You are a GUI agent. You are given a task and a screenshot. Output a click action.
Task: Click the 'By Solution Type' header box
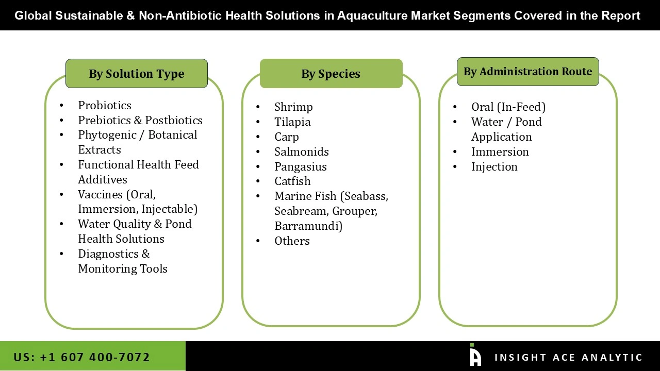coord(136,74)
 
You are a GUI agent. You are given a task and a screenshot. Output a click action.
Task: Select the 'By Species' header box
coord(331,74)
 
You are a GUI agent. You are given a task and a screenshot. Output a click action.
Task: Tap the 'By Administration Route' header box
coord(527,72)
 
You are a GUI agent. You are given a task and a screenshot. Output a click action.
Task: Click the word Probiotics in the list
coord(105,105)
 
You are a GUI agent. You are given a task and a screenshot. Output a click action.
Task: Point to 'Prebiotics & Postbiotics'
coord(140,120)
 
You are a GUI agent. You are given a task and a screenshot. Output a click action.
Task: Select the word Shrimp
coord(293,107)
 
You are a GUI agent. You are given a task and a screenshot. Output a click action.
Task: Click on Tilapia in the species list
coord(292,122)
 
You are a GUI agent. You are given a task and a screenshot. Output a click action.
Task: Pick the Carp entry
coord(287,137)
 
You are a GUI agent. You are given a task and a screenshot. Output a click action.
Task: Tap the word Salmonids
coord(301,151)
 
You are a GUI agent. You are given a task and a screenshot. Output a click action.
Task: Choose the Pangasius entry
coord(301,166)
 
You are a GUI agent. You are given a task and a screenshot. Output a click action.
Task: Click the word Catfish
coord(292,181)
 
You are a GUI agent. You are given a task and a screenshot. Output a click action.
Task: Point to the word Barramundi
coord(308,226)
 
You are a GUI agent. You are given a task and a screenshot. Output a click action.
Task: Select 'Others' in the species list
coord(292,241)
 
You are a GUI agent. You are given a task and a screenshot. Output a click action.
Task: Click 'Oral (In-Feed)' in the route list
coord(508,107)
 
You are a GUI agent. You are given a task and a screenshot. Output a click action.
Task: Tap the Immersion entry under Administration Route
coord(500,151)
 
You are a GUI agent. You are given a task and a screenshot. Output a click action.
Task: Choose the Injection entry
coord(494,166)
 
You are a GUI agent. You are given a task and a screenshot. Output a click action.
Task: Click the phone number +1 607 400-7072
coord(94,357)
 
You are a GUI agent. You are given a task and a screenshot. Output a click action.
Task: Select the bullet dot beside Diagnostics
coord(62,254)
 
